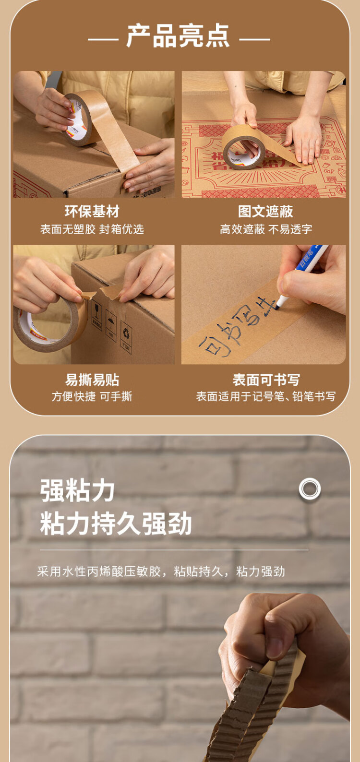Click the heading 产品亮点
(178, 36)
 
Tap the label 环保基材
(92, 212)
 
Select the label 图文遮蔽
(265, 212)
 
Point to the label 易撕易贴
(92, 380)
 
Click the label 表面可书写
(266, 380)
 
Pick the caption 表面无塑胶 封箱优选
(92, 229)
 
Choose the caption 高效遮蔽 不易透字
(266, 229)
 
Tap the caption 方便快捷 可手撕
(92, 397)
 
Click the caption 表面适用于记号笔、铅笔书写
(266, 397)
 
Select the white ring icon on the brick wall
(310, 489)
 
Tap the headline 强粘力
(77, 491)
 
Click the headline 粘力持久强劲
(116, 524)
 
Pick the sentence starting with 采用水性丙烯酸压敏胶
(161, 571)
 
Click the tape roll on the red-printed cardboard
(243, 148)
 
